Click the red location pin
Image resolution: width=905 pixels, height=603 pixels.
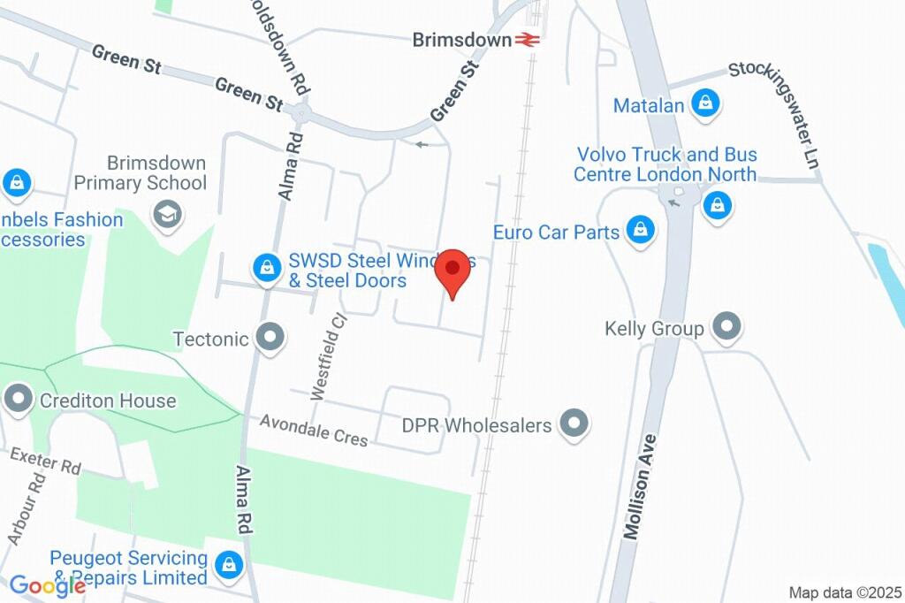[455, 271]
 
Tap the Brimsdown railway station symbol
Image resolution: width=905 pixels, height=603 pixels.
[529, 40]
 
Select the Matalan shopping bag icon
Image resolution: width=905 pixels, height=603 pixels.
[706, 104]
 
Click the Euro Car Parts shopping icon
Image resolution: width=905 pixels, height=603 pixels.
[640, 232]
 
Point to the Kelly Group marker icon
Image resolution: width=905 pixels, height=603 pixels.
[726, 327]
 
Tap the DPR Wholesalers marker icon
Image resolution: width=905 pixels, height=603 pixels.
[575, 424]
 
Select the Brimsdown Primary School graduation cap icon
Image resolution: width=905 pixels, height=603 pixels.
[166, 213]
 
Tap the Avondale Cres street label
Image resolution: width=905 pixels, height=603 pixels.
[314, 431]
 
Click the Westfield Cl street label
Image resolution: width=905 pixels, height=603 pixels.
[326, 356]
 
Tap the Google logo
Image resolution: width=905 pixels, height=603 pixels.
[47, 585]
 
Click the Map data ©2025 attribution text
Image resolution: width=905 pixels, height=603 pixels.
[844, 592]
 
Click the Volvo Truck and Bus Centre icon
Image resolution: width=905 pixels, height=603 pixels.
[717, 207]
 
